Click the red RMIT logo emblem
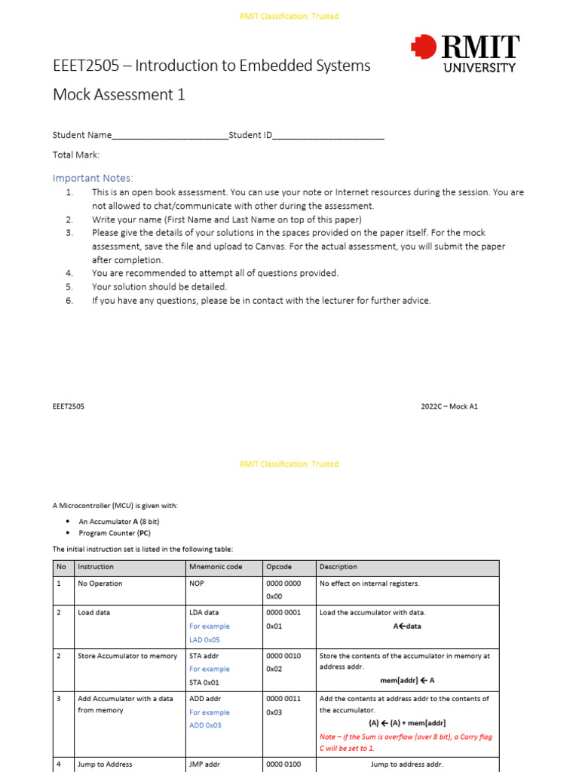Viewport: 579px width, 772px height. pos(424,47)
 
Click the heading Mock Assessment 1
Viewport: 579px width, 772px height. pos(118,94)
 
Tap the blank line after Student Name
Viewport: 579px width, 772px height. pos(170,136)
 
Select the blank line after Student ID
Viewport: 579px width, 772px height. pos(329,136)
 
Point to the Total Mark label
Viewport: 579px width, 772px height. pos(76,155)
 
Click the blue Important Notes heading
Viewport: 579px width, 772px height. pos(93,178)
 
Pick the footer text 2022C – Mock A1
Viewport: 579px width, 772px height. pos(449,406)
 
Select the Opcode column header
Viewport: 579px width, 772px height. pos(278,567)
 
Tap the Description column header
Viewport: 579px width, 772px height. pos(339,567)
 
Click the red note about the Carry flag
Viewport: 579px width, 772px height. pos(406,743)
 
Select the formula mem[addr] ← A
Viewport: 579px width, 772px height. pos(407,681)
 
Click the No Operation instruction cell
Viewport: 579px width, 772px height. pos(100,584)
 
